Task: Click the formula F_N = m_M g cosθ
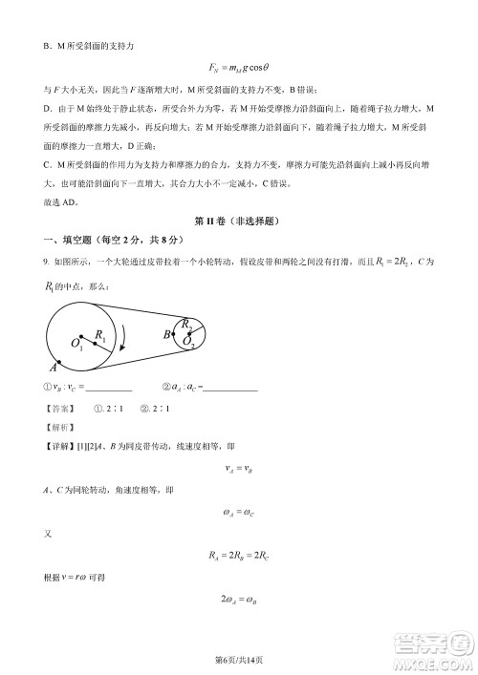pyautogui.click(x=238, y=67)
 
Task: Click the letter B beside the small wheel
pyautogui.click(x=166, y=333)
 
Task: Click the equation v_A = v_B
pyautogui.click(x=238, y=469)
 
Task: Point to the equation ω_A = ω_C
pyautogui.click(x=238, y=514)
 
